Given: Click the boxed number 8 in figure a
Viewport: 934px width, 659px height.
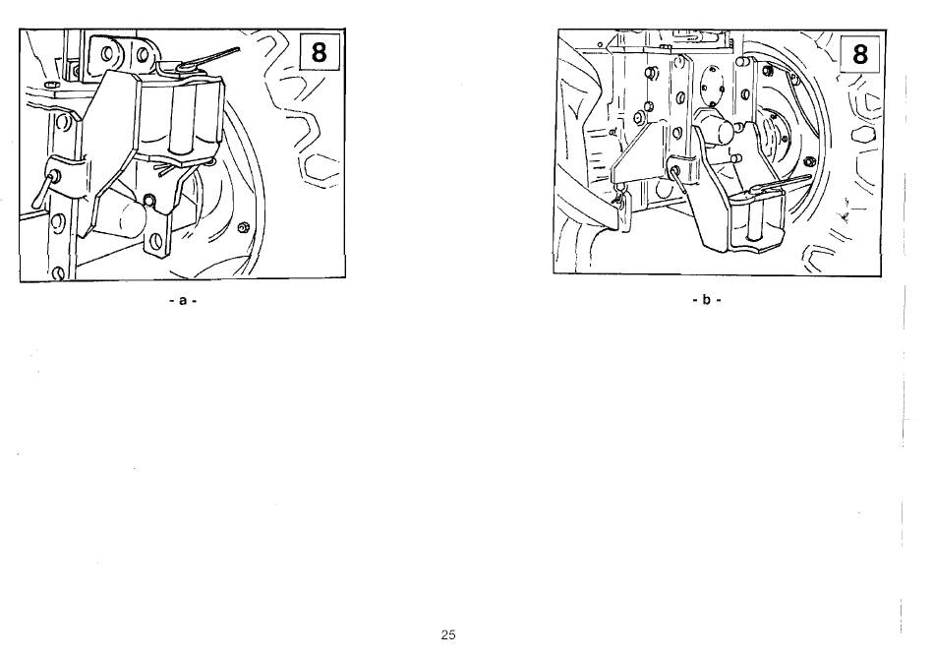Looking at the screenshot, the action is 320,52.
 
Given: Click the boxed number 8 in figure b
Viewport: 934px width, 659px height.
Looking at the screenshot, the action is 859,54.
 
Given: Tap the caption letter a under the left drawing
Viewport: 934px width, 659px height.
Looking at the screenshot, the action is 183,301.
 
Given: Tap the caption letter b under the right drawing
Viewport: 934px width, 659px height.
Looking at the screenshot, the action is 707,300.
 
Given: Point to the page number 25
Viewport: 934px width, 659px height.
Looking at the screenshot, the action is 448,634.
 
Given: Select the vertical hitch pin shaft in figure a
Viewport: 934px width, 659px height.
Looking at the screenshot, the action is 179,122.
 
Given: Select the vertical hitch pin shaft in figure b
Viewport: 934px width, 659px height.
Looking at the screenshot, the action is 756,217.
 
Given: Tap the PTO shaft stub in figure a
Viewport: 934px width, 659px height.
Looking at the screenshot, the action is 122,215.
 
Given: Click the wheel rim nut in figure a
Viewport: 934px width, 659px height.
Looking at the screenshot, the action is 243,227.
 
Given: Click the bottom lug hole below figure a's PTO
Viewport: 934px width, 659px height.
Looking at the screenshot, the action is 155,241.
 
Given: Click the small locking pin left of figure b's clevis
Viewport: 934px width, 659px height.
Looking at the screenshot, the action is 677,180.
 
